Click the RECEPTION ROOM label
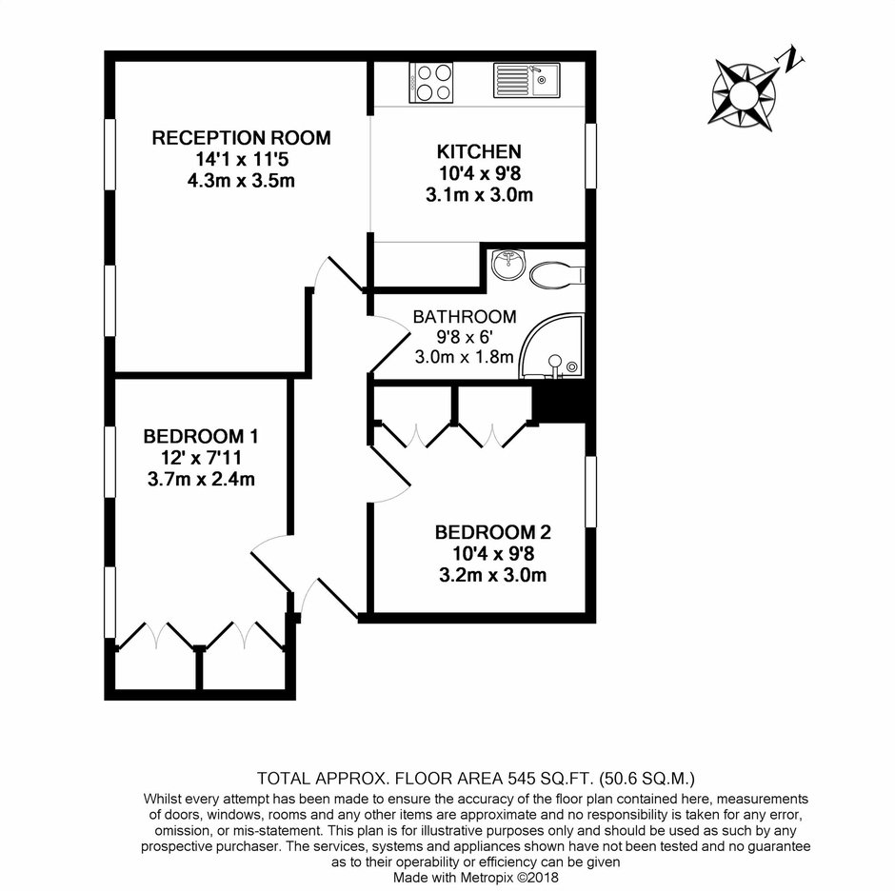click(x=241, y=138)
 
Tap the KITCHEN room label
click(x=479, y=151)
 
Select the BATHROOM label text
click(x=465, y=317)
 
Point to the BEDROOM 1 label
click(x=201, y=437)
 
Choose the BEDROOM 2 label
click(x=493, y=532)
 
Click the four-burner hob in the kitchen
click(x=431, y=83)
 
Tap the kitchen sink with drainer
click(x=527, y=81)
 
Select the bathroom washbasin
click(x=507, y=266)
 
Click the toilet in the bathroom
click(x=558, y=275)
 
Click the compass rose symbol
click(x=744, y=94)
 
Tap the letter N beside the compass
click(x=790, y=58)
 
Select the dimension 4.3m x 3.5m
click(x=241, y=181)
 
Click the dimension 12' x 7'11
click(x=201, y=458)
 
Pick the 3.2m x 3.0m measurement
click(x=493, y=575)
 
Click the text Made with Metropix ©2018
click(x=475, y=878)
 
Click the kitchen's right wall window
click(x=590, y=155)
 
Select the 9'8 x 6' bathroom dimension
click(x=465, y=337)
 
